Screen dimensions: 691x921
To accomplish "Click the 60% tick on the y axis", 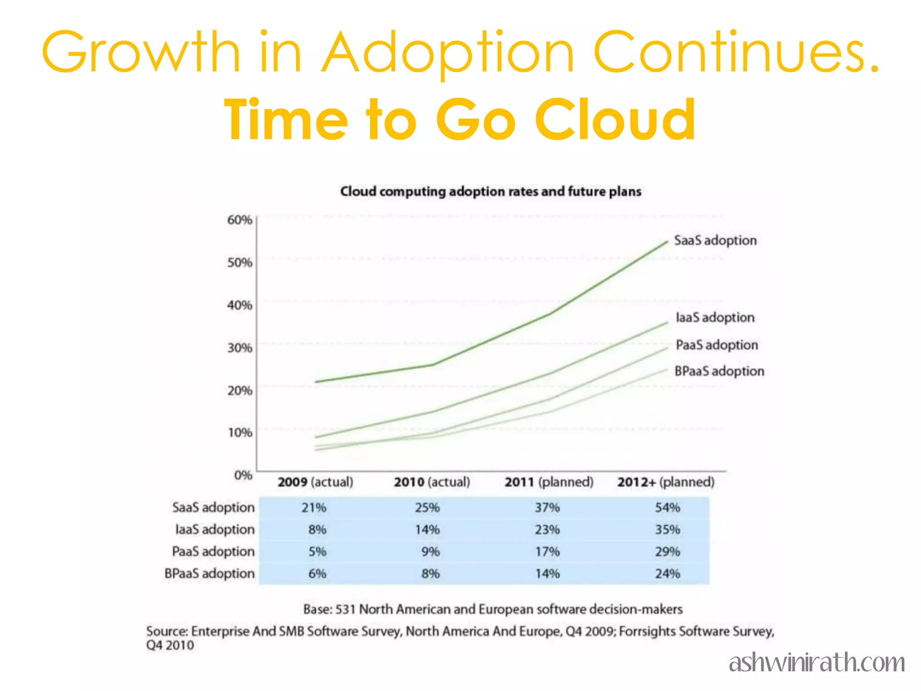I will click(239, 220).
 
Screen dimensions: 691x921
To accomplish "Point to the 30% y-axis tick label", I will click(239, 348).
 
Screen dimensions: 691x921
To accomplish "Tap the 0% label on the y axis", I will click(243, 475).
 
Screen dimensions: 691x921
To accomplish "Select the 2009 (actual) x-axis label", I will click(315, 482).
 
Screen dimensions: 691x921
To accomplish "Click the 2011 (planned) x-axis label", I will click(549, 482).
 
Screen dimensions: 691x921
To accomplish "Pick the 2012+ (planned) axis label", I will click(666, 482).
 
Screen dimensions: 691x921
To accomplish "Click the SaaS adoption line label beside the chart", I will click(715, 240).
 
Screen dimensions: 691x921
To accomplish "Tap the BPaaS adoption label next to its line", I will click(719, 371).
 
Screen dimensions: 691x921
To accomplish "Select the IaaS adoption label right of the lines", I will click(715, 318).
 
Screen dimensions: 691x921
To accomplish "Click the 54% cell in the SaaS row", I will click(667, 508).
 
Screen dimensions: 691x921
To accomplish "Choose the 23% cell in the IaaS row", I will click(547, 529).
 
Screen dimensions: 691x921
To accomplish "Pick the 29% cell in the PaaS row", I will click(667, 552).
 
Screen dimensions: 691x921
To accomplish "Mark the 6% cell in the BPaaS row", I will click(317, 574).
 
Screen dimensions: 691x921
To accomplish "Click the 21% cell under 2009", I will click(314, 508).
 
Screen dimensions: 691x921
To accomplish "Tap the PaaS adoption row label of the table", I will click(213, 552).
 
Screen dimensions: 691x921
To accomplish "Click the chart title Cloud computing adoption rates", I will click(490, 192).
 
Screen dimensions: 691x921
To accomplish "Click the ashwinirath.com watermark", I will click(817, 663).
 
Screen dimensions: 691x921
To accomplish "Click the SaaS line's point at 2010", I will click(432, 364).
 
